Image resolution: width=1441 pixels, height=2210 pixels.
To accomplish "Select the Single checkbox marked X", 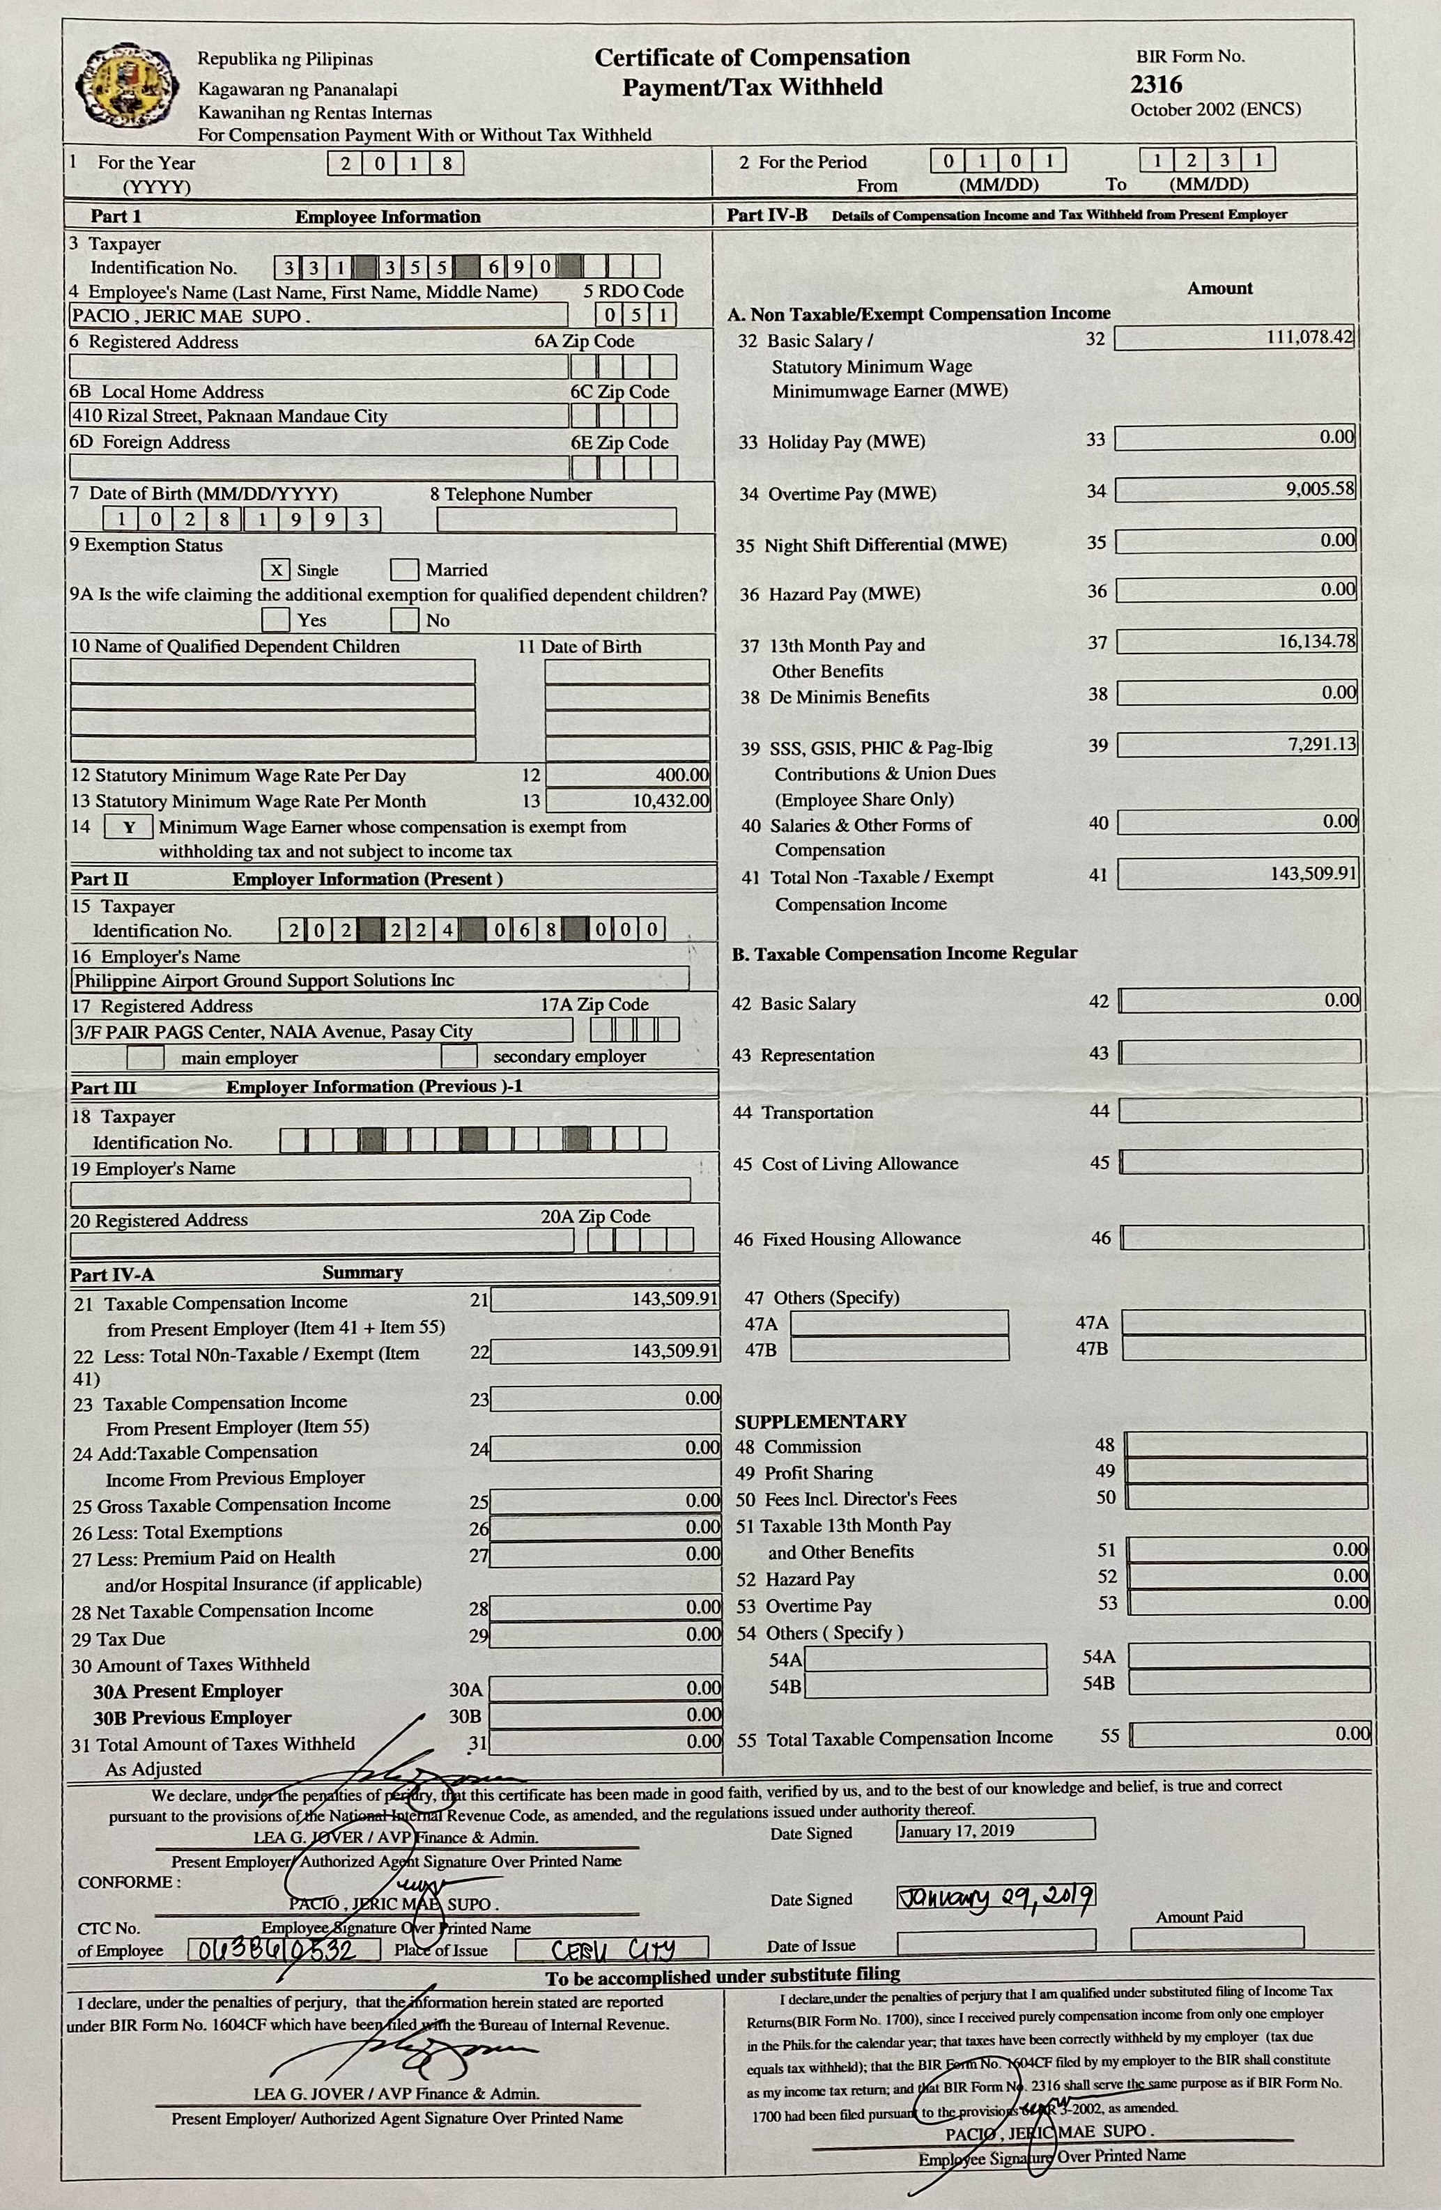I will click(x=276, y=569).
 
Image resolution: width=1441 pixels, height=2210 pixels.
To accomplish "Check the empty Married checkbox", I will click(x=404, y=569).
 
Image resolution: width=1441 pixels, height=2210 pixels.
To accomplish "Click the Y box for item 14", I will click(x=129, y=826).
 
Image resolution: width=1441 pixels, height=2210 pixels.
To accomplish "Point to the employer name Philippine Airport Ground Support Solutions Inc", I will click(x=265, y=980).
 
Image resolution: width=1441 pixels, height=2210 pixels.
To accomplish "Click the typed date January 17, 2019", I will click(x=956, y=1830).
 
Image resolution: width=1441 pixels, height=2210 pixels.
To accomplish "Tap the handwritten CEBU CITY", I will click(x=612, y=1948).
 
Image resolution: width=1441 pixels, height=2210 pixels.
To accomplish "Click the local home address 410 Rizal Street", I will click(x=229, y=416).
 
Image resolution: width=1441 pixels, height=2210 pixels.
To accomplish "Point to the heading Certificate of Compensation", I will click(x=752, y=59).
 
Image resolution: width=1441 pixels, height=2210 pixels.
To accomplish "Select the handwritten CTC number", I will click(x=283, y=1948).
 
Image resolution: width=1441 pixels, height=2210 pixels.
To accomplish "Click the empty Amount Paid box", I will click(x=1217, y=1937).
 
